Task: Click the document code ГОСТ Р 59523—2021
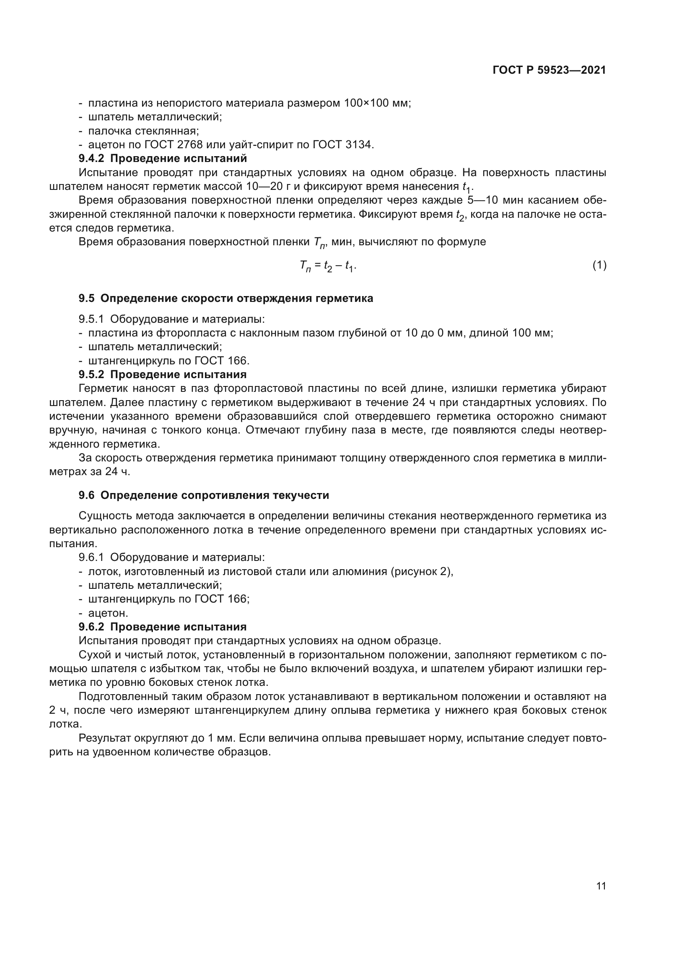(549, 70)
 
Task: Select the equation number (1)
(599, 266)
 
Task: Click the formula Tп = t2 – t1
(327, 266)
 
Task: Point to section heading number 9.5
(87, 298)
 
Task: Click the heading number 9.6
(87, 495)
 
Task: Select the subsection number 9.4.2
(91, 159)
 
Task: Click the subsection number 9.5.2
(91, 375)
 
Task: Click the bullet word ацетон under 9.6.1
(108, 613)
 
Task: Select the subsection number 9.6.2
(91, 627)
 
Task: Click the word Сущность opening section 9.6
(105, 516)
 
